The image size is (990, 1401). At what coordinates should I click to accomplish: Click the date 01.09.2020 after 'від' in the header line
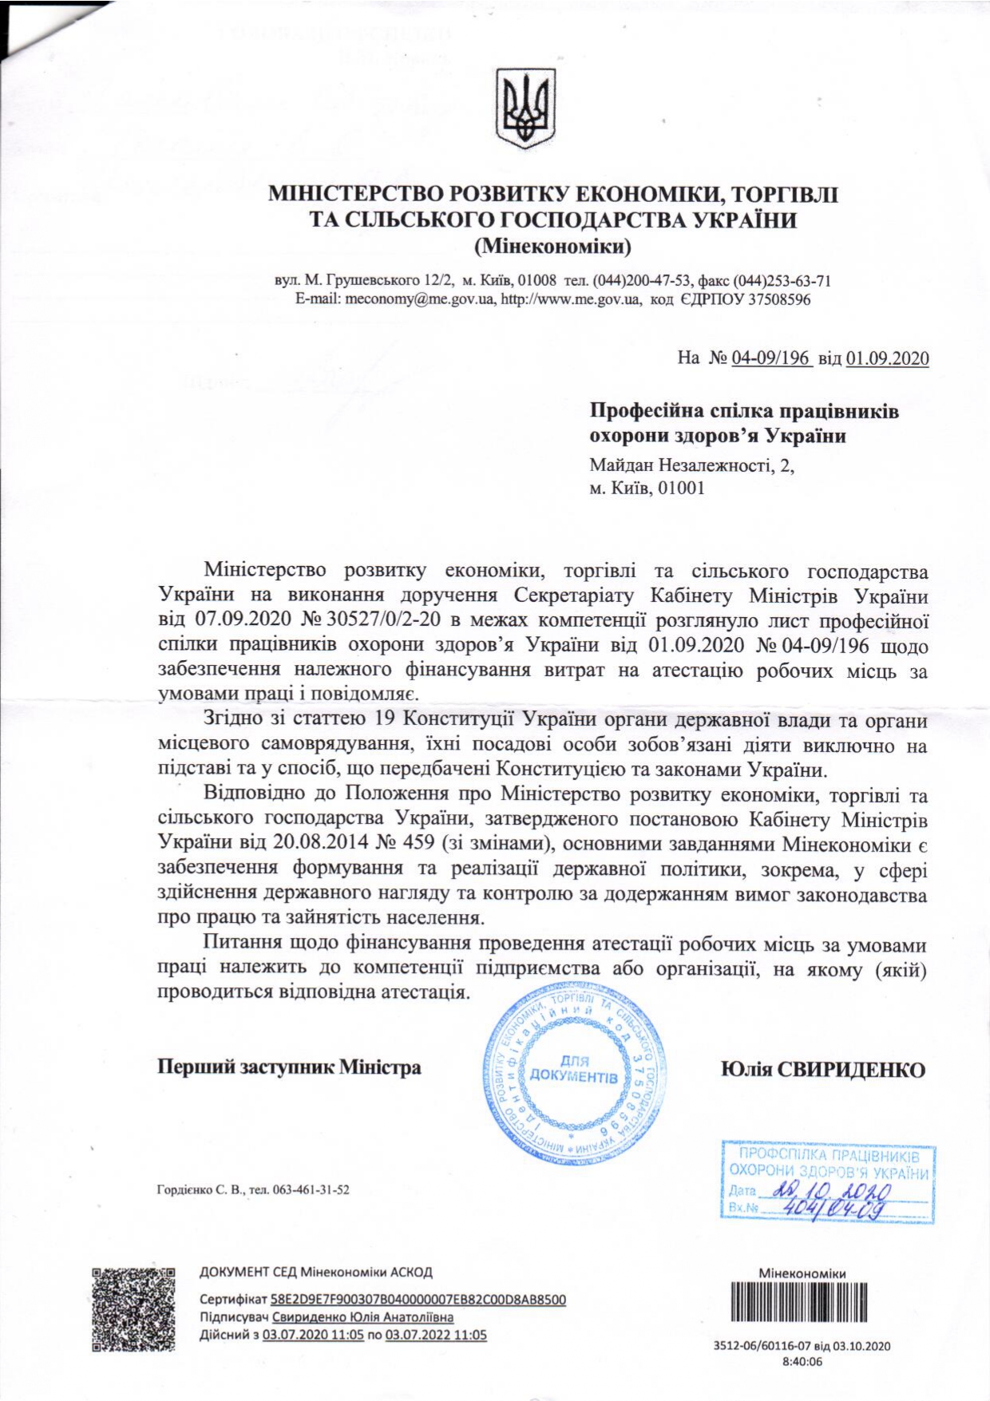[x=887, y=358]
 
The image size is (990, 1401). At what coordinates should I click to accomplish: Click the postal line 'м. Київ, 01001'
[x=647, y=488]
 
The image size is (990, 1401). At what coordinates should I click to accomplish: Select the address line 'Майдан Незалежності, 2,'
[x=691, y=465]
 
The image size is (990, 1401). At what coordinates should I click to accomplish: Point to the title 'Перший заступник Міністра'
[x=289, y=1067]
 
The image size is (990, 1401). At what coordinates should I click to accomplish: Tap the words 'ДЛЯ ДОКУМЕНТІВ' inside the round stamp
[x=574, y=1069]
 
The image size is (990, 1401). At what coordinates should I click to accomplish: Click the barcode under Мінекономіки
[x=801, y=1303]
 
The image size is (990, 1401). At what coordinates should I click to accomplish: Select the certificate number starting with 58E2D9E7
[x=418, y=1299]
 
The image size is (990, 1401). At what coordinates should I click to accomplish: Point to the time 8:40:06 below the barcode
[x=802, y=1362]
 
